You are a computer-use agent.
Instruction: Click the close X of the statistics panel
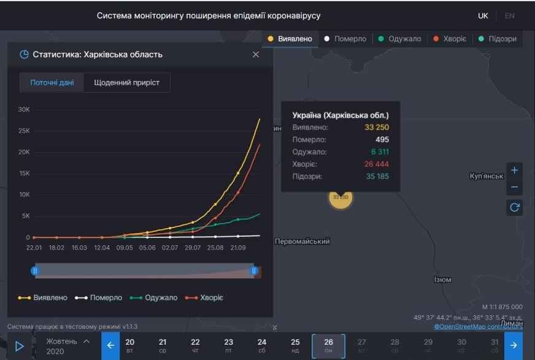pyautogui.click(x=256, y=55)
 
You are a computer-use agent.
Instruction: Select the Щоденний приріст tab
pyautogui.click(x=126, y=83)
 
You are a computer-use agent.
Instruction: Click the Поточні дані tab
pyautogui.click(x=52, y=83)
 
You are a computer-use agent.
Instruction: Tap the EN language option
pyautogui.click(x=509, y=15)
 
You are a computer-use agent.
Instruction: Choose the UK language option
pyautogui.click(x=483, y=15)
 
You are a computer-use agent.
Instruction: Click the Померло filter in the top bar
pyautogui.click(x=345, y=39)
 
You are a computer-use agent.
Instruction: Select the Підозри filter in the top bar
pyautogui.click(x=498, y=39)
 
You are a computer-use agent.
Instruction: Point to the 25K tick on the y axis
pyautogui.click(x=23, y=131)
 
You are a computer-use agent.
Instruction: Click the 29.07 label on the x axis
pyautogui.click(x=193, y=248)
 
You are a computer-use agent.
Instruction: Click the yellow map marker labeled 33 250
pyautogui.click(x=341, y=197)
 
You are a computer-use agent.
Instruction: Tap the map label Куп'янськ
pyautogui.click(x=486, y=176)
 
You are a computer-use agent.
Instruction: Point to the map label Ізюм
pyautogui.click(x=442, y=280)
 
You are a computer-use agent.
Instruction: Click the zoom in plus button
pyautogui.click(x=515, y=170)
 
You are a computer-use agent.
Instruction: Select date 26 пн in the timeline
pyautogui.click(x=328, y=346)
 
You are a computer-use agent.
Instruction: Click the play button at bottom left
pyautogui.click(x=19, y=346)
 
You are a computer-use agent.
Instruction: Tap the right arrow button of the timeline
pyautogui.click(x=514, y=345)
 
